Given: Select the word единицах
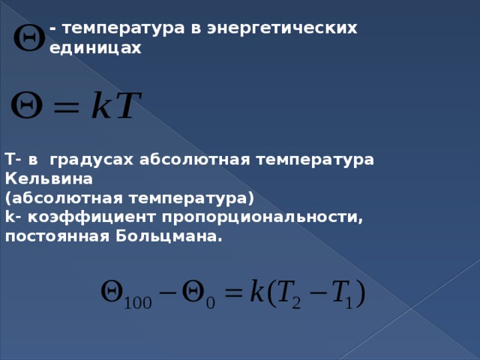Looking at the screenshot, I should tap(95, 47).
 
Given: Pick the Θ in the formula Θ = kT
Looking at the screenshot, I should tap(28, 109).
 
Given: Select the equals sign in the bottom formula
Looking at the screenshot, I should tap(235, 292).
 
